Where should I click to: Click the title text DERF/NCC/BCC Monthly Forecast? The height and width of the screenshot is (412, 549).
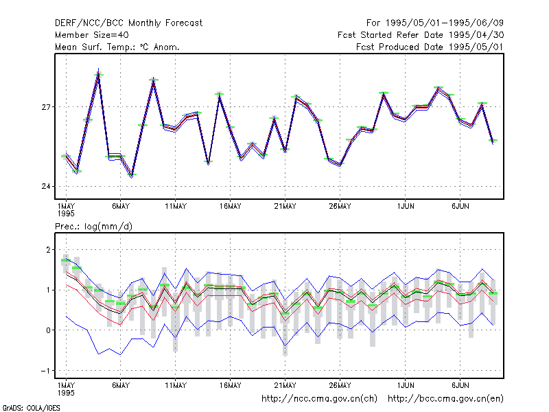[128, 23]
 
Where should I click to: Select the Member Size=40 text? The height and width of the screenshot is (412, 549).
[92, 35]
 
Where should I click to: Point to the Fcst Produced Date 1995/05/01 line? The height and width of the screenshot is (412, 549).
[430, 47]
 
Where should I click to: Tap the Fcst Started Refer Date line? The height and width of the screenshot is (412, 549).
[421, 35]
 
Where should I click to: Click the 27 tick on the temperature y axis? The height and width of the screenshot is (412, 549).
[46, 107]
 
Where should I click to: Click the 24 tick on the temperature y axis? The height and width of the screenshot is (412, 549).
[46, 186]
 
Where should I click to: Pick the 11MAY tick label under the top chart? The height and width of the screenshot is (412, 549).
[176, 207]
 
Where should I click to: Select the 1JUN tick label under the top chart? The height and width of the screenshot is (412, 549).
[406, 207]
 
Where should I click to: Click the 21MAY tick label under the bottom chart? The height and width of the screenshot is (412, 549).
[285, 385]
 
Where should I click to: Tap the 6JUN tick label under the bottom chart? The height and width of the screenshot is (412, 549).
[460, 385]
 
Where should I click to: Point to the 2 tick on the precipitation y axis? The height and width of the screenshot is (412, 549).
[48, 250]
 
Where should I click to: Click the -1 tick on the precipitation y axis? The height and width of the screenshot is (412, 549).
[45, 371]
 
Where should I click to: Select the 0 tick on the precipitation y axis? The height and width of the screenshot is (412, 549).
[48, 330]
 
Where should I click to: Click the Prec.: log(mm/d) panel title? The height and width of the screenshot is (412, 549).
[93, 227]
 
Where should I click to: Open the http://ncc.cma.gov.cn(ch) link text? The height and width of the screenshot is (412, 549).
[319, 399]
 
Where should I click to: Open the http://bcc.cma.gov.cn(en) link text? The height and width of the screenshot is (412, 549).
[445, 399]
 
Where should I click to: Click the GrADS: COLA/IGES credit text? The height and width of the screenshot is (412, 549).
[31, 408]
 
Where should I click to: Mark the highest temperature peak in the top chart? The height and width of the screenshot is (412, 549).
[98, 69]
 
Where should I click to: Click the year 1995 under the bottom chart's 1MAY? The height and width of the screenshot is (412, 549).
[66, 393]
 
